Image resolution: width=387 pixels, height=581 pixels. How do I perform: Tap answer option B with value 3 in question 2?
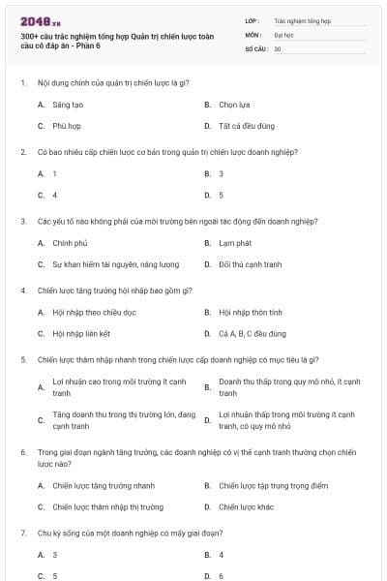(222, 173)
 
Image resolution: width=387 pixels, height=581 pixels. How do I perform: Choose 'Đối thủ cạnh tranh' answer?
(251, 264)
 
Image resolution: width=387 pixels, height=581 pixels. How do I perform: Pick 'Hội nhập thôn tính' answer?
(251, 312)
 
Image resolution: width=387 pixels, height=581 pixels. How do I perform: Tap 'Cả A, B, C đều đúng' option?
(253, 334)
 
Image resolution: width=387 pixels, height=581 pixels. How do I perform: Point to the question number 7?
(22, 533)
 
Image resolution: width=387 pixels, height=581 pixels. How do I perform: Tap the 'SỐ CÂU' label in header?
(255, 47)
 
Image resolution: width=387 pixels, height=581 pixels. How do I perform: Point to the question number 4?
(22, 290)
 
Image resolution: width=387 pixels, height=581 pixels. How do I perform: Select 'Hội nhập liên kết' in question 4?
(81, 334)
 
